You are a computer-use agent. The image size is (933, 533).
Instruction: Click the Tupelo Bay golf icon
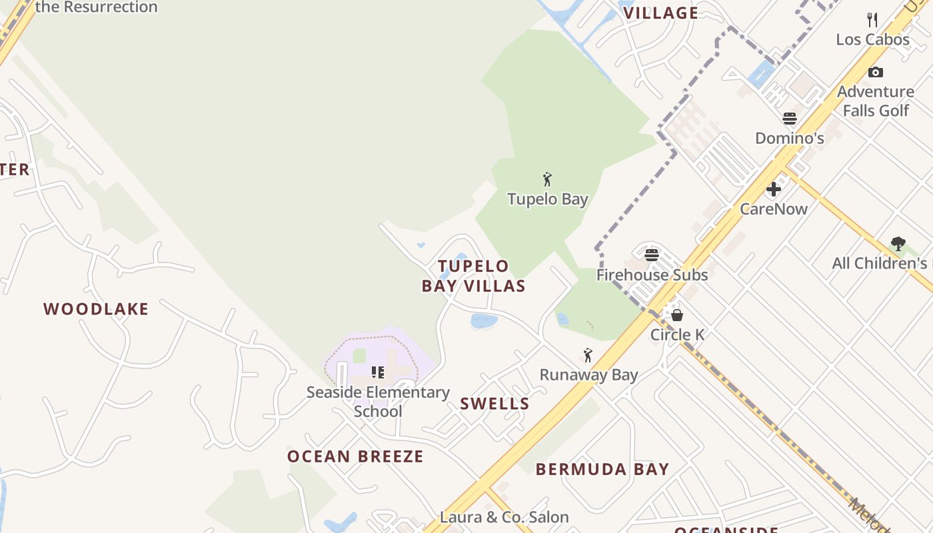tap(547, 179)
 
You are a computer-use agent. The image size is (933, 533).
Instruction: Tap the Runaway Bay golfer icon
tap(588, 355)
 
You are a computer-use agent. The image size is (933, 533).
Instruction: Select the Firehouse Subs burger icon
tap(652, 255)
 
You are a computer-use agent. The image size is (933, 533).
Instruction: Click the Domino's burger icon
tap(790, 119)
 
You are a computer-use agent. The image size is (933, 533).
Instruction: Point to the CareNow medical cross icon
tap(774, 189)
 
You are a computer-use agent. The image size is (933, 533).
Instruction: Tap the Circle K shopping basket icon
tap(677, 314)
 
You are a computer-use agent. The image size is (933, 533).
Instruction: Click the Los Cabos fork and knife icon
tap(872, 20)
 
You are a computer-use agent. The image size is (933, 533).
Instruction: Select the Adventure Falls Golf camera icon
tap(876, 72)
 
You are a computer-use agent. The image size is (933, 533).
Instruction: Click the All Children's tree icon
tap(898, 244)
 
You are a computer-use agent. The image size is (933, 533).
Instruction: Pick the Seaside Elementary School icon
tap(378, 372)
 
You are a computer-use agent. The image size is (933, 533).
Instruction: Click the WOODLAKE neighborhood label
tap(96, 309)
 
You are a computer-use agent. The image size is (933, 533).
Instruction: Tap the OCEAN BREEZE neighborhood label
tap(355, 456)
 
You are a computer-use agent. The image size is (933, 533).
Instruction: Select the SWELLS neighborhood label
tap(494, 404)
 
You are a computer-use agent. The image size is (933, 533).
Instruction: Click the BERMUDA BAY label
tap(602, 469)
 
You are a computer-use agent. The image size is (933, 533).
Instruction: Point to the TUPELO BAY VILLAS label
tap(474, 276)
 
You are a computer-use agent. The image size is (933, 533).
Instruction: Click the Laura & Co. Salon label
tap(504, 517)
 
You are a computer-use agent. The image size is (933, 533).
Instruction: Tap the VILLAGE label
tap(660, 13)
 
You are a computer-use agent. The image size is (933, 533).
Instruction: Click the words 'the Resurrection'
tap(96, 7)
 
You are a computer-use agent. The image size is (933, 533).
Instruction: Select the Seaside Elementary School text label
tap(378, 402)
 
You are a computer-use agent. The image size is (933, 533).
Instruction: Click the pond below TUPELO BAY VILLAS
tap(484, 321)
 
